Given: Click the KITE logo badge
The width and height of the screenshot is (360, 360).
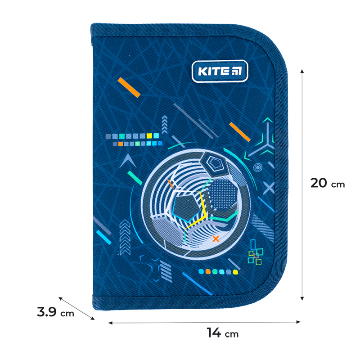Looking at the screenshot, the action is tap(220, 71).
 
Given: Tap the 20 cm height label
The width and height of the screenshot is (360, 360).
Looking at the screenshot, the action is tap(328, 184).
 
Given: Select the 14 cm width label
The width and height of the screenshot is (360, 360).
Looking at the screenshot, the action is tap(222, 333).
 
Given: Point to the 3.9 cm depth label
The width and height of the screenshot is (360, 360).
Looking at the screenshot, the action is tap(55, 312).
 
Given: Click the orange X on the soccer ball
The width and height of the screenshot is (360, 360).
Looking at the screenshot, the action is tap(216, 238).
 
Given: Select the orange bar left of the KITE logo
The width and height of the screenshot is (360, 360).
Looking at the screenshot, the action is tap(129, 87).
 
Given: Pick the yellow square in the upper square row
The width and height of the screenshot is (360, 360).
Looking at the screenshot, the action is tap(149, 136).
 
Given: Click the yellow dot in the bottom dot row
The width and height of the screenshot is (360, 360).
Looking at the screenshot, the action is tap(235, 272).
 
